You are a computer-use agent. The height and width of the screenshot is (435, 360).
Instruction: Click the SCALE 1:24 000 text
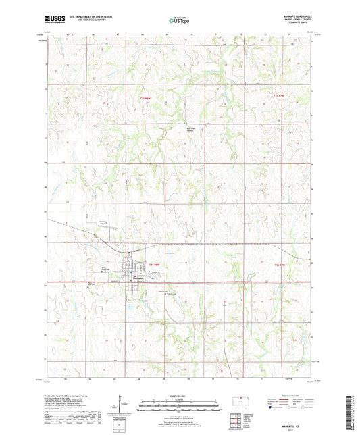point(178,395)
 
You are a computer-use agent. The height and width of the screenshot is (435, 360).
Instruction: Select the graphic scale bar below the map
point(178,405)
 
